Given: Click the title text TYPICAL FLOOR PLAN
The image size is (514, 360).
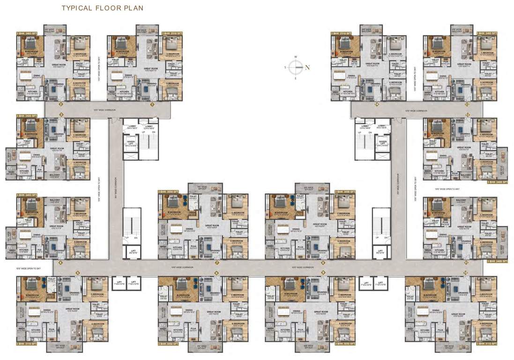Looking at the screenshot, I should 102,8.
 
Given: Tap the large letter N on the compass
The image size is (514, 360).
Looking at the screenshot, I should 307,67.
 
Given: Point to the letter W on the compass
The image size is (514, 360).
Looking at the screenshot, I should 296,57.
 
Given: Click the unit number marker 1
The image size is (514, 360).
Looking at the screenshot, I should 152,105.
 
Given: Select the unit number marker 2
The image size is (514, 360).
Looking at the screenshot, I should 60,105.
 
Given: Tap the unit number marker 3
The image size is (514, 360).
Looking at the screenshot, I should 60,114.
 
